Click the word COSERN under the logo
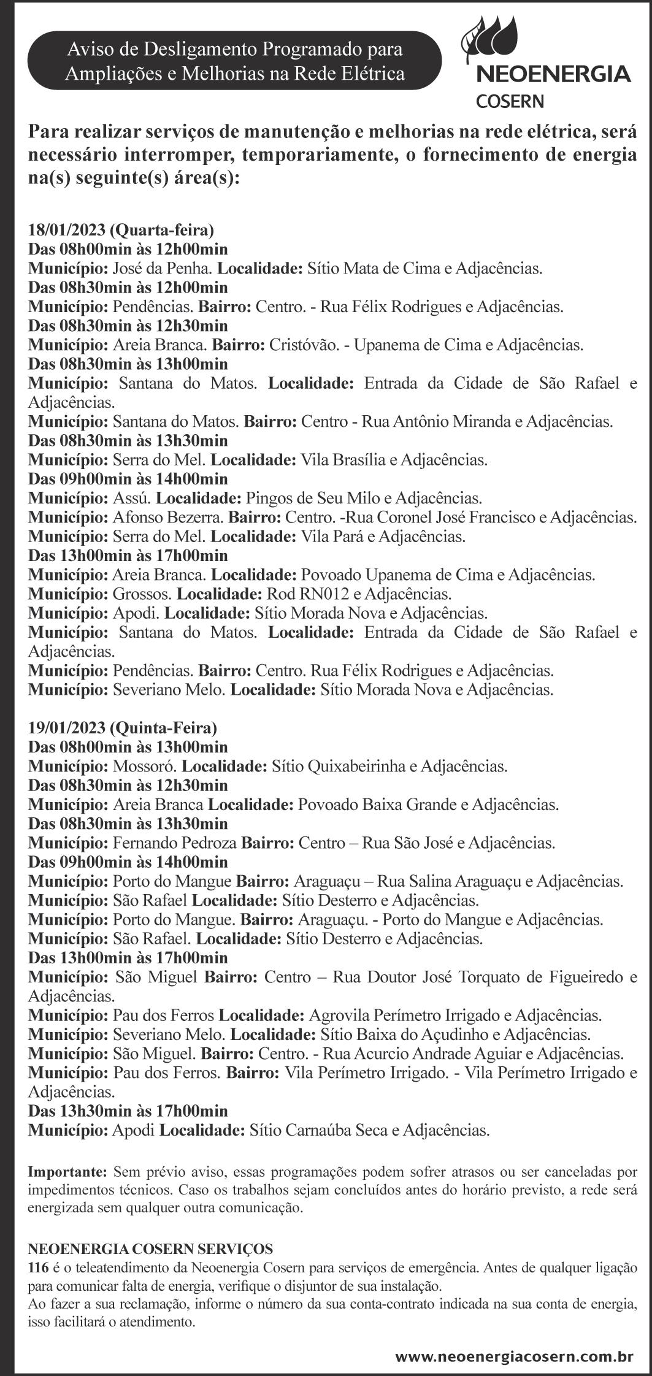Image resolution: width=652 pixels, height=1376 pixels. (510, 101)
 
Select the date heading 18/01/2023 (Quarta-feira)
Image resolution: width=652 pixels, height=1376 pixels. (121, 230)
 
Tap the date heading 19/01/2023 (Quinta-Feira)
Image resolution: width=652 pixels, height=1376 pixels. (123, 728)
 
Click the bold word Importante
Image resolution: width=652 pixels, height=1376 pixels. (67, 1172)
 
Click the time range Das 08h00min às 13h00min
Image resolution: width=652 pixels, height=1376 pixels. (128, 747)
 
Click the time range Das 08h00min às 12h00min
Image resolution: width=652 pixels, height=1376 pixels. (128, 249)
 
